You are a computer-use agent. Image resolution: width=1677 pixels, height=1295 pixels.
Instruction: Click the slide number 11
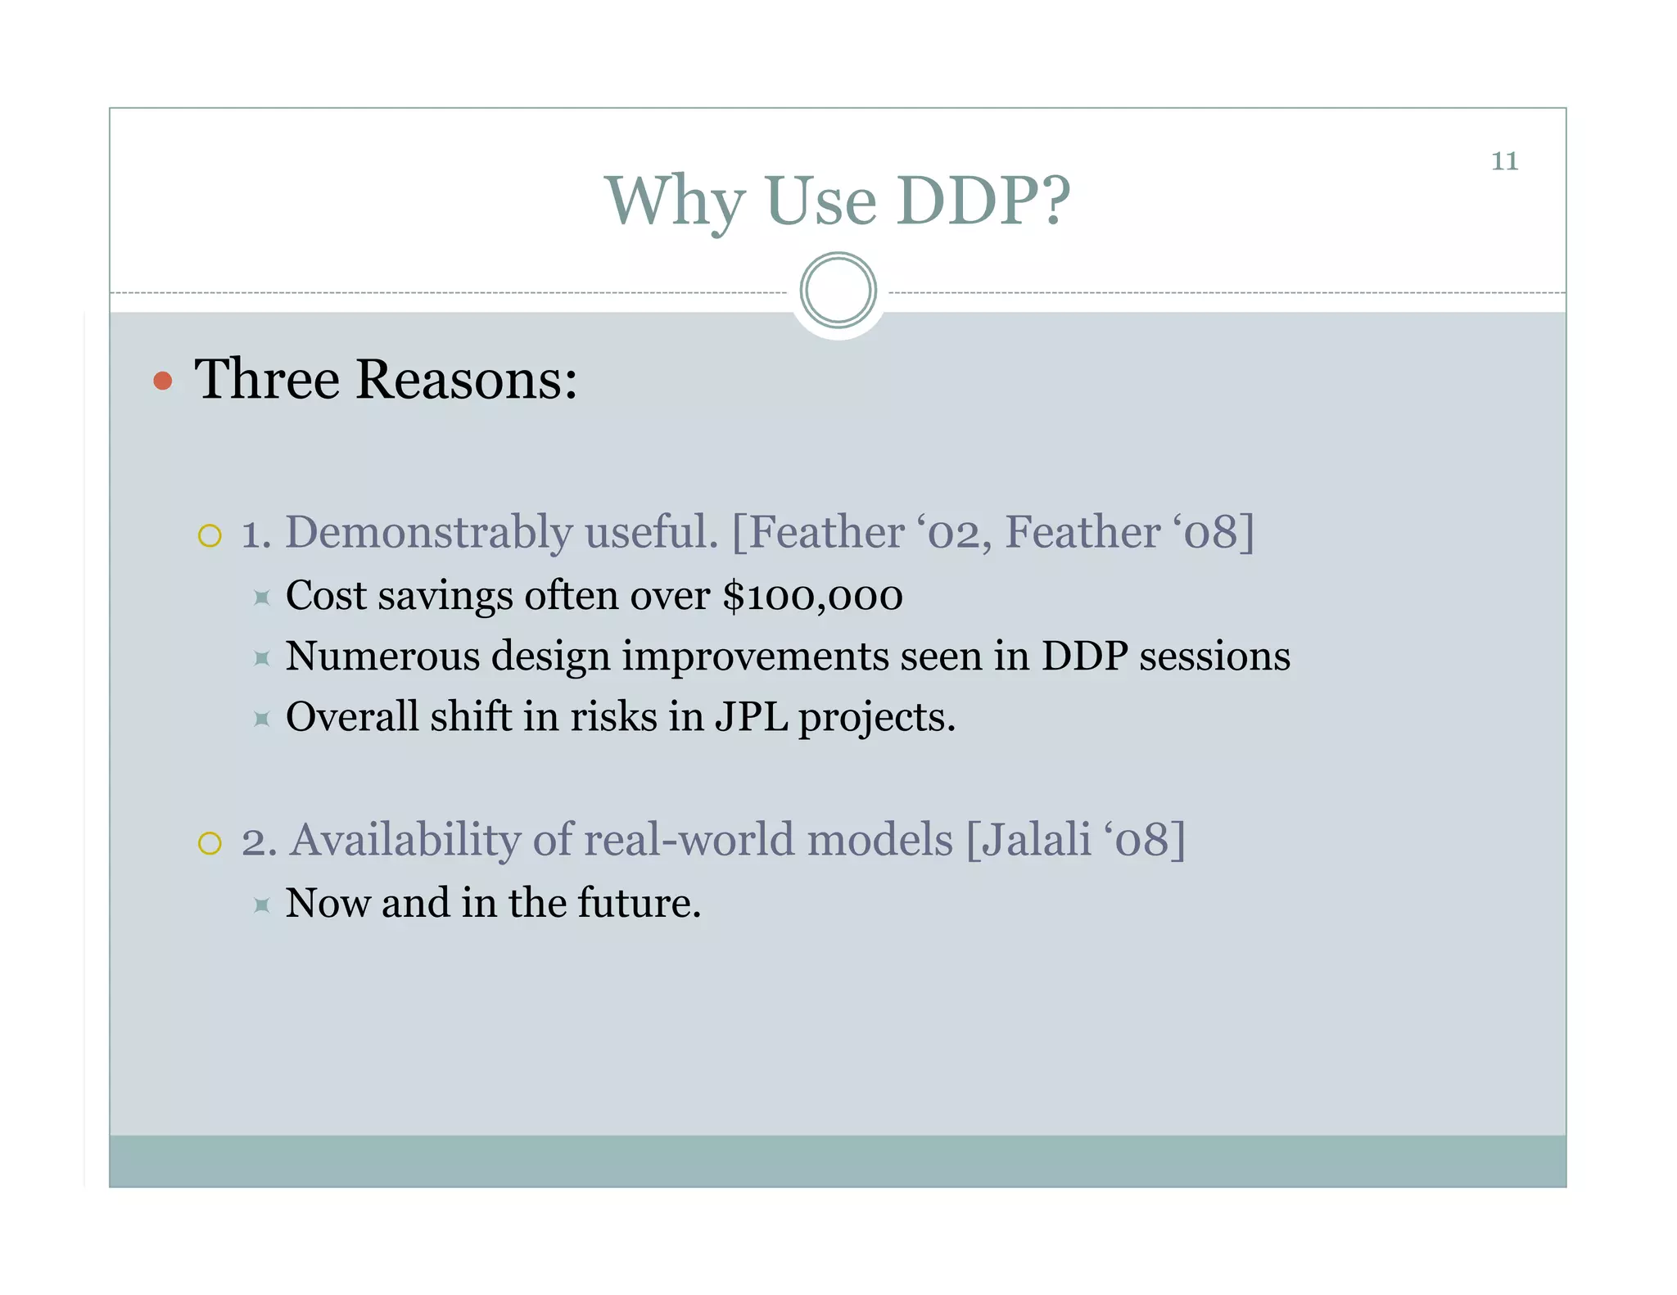[x=1504, y=161]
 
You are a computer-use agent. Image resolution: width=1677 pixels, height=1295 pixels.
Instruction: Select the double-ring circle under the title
[x=838, y=291]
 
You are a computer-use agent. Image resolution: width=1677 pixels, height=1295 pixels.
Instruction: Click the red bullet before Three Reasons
[x=163, y=381]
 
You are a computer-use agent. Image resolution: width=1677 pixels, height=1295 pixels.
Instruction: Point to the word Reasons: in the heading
[x=467, y=380]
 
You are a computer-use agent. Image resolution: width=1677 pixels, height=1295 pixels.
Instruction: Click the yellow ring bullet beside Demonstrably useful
[x=210, y=536]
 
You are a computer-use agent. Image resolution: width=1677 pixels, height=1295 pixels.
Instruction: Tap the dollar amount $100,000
[x=812, y=596]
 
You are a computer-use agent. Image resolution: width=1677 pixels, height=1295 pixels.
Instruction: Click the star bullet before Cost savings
[x=262, y=598]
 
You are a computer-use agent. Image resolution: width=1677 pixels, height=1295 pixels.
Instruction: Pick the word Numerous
[x=382, y=657]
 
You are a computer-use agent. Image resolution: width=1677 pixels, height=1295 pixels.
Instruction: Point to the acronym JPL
[x=751, y=717]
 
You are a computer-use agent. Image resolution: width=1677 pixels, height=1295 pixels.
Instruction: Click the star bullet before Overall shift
[x=262, y=720]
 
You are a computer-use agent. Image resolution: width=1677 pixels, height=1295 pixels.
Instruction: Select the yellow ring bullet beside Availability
[x=210, y=843]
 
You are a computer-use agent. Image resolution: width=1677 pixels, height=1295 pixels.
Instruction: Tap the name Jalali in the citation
[x=1037, y=840]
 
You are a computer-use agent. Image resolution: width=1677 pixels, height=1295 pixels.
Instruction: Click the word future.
[x=640, y=903]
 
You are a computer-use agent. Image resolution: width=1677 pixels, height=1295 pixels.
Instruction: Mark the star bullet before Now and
[x=262, y=905]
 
